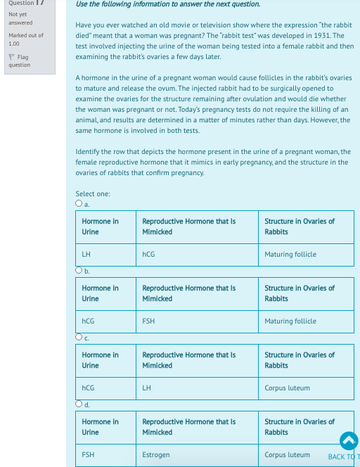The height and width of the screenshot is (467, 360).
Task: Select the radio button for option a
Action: [x=79, y=204]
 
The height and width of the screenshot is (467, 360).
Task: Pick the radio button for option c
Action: [x=79, y=338]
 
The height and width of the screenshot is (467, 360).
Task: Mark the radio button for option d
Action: [x=79, y=404]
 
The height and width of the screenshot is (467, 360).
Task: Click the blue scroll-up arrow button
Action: [x=349, y=440]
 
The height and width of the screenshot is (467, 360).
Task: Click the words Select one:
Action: [x=92, y=194]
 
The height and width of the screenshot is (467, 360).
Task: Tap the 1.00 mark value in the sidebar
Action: [x=15, y=44]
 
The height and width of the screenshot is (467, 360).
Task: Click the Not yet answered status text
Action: [x=19, y=18]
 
